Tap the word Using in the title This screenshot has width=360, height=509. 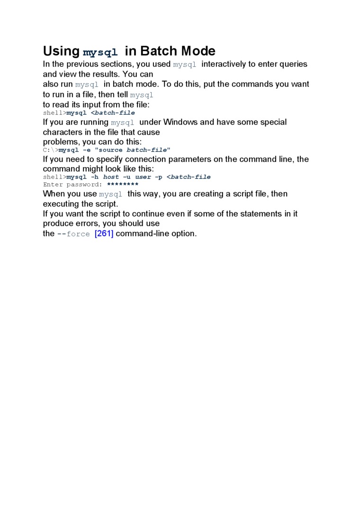point(62,51)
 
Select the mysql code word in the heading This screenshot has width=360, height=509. point(100,52)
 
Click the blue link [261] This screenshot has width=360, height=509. point(104,233)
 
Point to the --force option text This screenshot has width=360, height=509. point(73,234)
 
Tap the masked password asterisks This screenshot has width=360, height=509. point(123,185)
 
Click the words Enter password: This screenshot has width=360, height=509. point(72,185)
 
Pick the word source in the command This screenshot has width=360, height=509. point(111,150)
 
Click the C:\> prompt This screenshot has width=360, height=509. point(51,150)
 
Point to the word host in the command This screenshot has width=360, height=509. point(111,177)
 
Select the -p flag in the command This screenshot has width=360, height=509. point(159,177)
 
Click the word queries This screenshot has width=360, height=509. point(292,64)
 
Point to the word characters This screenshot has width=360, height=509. point(63,132)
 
